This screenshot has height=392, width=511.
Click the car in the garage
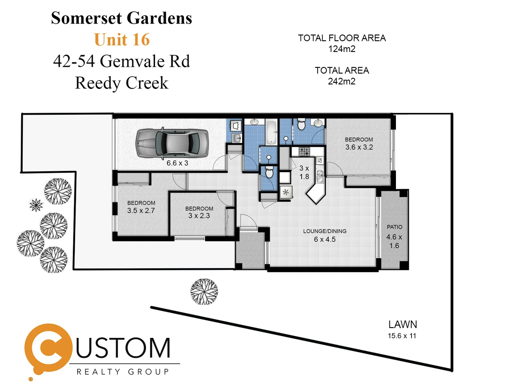pos(172,143)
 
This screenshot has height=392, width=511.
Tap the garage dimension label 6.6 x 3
pos(177,163)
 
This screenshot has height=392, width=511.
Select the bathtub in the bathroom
pos(271,132)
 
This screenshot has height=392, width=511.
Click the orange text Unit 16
pos(122,40)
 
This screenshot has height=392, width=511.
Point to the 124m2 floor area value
pos(342,49)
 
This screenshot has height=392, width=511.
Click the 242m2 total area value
pos(342,81)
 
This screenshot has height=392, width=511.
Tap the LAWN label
pos(402,324)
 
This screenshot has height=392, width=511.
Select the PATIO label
pos(395,227)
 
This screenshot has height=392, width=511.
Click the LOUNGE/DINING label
pos(325,231)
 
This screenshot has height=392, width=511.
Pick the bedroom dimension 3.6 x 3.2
pos(359,147)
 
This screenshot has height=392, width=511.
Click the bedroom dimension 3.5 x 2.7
pos(141,211)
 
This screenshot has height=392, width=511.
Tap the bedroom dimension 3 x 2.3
pos(199,216)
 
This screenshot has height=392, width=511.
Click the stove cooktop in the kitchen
pos(304,151)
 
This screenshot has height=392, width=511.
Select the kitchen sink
pos(320,176)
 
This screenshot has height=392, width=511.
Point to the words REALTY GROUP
pos(123,372)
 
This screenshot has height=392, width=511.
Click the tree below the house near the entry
pos(204,291)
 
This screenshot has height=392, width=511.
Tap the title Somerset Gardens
pos(122,18)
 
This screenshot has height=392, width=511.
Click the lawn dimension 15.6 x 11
pos(402,336)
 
